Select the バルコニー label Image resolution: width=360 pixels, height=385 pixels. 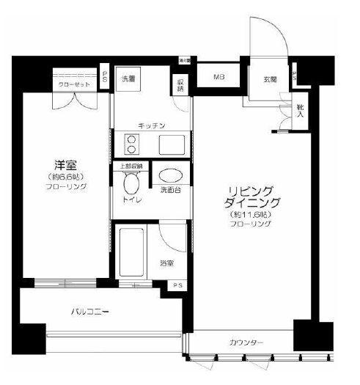(x=89, y=312)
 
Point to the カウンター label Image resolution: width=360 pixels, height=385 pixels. (x=246, y=343)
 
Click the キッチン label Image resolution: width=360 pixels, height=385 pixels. (x=152, y=125)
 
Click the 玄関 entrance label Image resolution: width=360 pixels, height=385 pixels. (x=270, y=78)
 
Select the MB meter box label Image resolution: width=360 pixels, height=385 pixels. (x=218, y=76)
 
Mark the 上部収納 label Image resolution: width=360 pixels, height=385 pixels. (x=131, y=166)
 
